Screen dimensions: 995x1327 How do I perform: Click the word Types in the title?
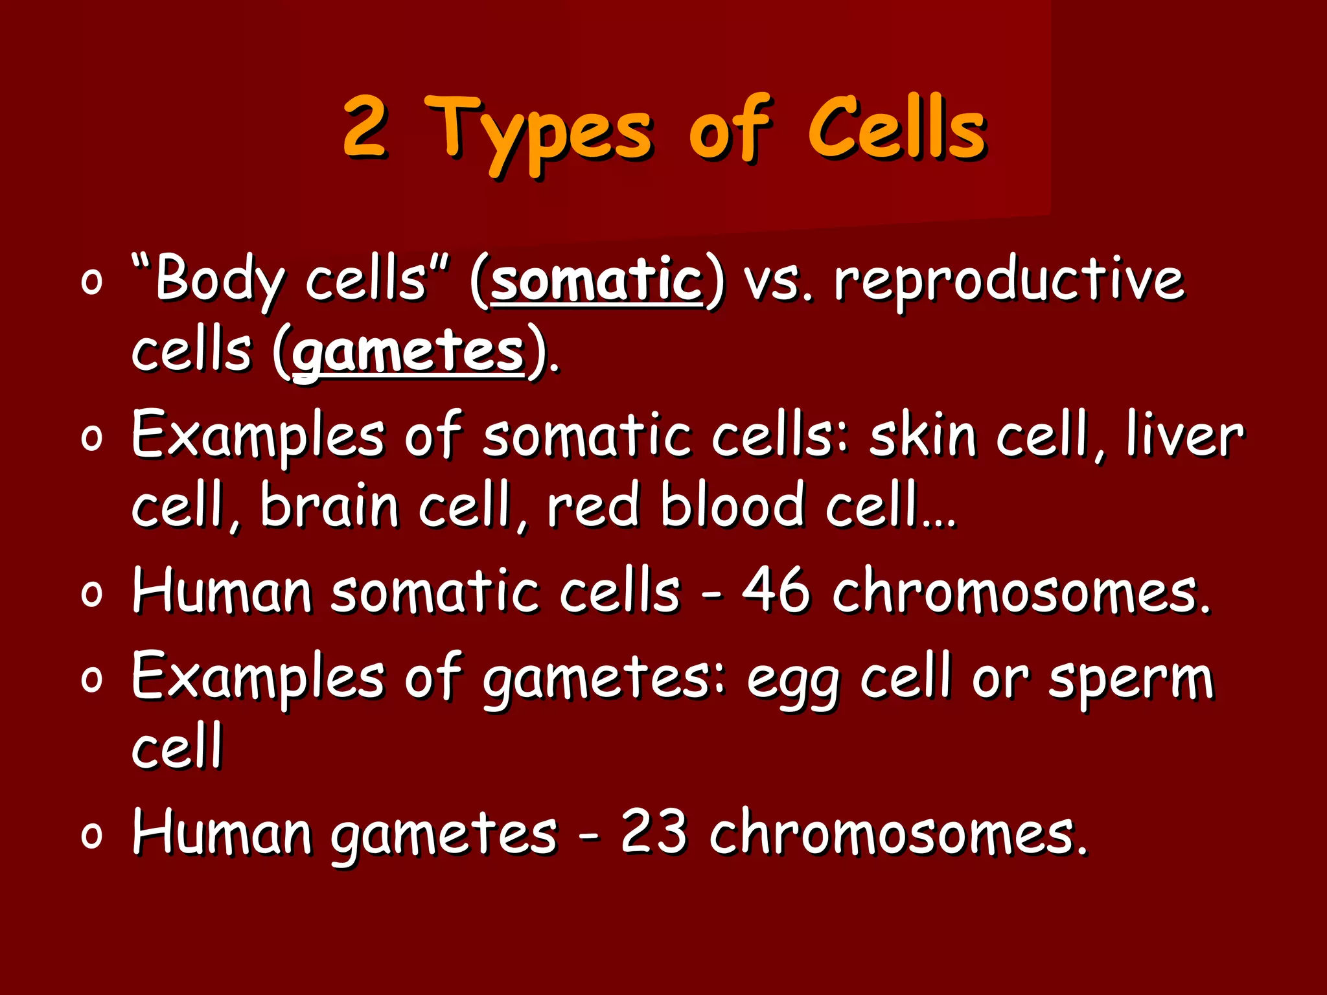(x=540, y=133)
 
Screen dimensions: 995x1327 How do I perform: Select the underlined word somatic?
(x=596, y=281)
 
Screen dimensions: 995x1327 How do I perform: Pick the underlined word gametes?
(x=408, y=353)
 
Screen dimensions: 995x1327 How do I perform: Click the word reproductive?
(x=1008, y=282)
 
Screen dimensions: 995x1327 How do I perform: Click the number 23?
(x=653, y=832)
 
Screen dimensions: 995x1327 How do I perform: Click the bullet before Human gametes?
(x=92, y=836)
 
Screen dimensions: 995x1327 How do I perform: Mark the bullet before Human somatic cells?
(x=92, y=595)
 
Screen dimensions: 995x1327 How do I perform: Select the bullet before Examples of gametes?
(x=92, y=680)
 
